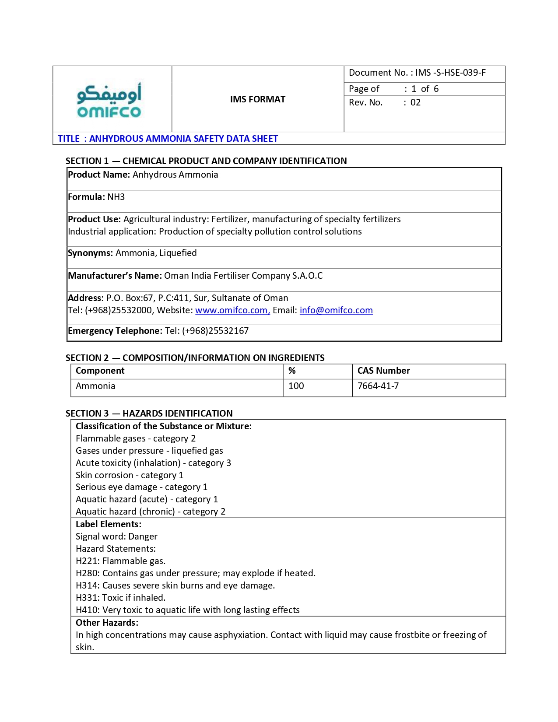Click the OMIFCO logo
(109, 100)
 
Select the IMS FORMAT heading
(257, 99)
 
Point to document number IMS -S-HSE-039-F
(450, 73)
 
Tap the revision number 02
(415, 102)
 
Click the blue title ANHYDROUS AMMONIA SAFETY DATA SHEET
(183, 139)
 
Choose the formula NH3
(116, 197)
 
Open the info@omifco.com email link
(336, 310)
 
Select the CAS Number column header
(383, 371)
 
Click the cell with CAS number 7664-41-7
(378, 386)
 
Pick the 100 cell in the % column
(296, 386)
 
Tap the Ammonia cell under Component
(95, 386)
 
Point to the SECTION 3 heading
(149, 414)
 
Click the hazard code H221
(88, 561)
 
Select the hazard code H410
(88, 610)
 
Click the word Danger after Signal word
(143, 536)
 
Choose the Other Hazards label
(107, 623)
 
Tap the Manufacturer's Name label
(115, 276)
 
